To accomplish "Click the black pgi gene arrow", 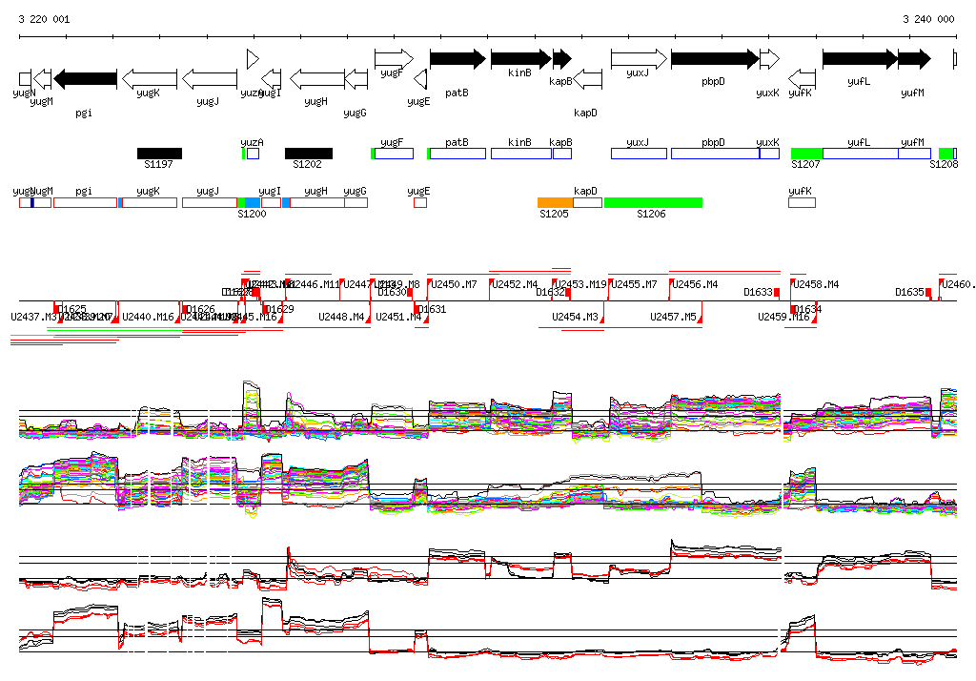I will coord(86,78).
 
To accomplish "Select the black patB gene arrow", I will coord(457,59).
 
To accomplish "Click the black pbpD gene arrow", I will coord(714,59).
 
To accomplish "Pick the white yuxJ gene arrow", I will coord(639,59).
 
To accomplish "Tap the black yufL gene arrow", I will coord(859,59).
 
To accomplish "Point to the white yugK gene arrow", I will coord(150,78).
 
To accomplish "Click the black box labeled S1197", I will coord(159,153).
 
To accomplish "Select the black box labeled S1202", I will coord(309,153).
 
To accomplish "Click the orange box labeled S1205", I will coord(555,202).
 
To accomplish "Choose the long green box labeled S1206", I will coord(653,202).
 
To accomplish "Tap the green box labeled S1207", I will coord(806,153).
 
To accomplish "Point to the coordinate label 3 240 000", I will coord(928,19).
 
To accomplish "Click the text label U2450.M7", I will coord(454,284).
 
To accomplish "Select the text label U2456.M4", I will coord(695,284).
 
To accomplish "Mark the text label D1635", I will coord(909,292).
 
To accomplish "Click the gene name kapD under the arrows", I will coord(585,113).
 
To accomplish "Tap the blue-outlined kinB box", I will coord(520,153).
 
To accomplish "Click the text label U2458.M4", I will coord(816,284).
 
